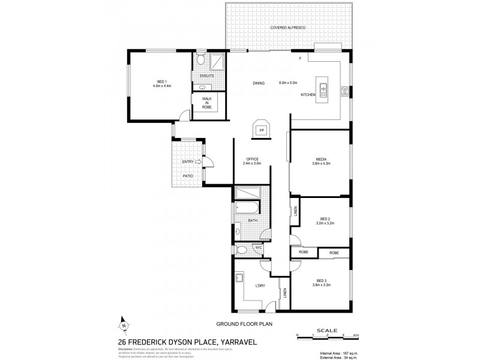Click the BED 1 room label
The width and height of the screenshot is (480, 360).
pos(161,82)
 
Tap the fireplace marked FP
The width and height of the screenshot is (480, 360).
pos(262,128)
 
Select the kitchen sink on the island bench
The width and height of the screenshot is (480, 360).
pos(323,90)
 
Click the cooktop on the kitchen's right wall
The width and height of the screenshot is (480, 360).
pos(344,91)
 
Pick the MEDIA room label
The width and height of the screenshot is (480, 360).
pos(320,159)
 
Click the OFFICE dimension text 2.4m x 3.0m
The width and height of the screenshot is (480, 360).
pos(252,163)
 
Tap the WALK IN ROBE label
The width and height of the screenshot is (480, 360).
pos(206,102)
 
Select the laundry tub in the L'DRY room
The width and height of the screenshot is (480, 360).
pos(239,278)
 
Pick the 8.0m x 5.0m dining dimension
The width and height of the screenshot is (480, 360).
pos(292,82)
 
